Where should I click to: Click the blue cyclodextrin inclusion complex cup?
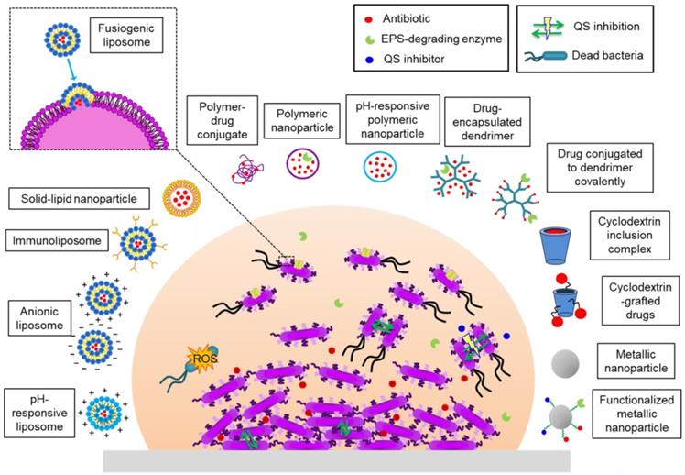(559, 243)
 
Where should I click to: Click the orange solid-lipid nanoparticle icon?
(180, 197)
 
